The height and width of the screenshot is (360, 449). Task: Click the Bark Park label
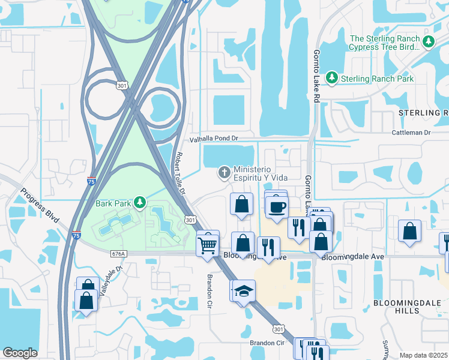point(113,203)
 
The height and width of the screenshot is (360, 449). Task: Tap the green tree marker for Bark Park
point(139,203)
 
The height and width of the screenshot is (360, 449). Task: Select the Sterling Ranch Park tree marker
point(331,78)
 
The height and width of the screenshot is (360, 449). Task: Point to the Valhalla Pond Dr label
point(214,139)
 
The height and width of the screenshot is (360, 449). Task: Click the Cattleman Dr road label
point(411,132)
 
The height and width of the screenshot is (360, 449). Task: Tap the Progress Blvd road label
point(40,206)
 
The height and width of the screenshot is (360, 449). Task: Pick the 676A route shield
point(119,254)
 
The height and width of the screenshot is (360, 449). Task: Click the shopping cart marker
point(208,244)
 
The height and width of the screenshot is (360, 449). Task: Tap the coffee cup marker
point(277,207)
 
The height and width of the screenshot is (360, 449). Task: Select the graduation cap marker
point(243,291)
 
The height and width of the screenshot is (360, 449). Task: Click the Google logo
point(20,353)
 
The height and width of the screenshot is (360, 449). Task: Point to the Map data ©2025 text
point(423,355)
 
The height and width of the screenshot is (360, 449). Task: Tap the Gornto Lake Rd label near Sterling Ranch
point(317,75)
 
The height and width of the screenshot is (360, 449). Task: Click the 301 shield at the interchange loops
point(122,86)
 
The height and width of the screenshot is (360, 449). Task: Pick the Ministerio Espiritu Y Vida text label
point(261,174)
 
